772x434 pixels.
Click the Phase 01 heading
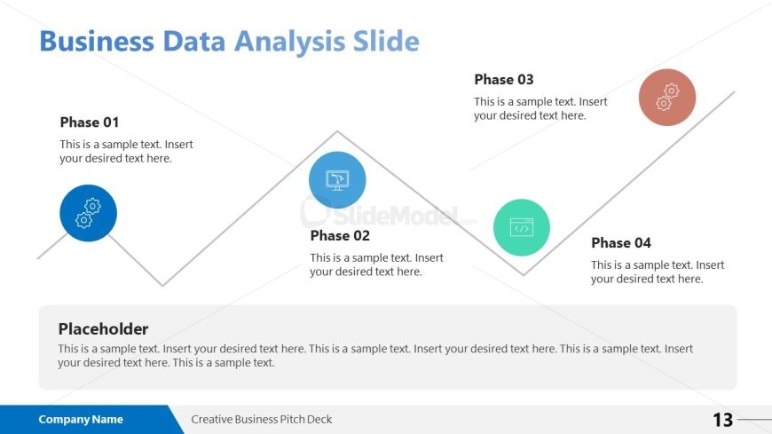tap(89, 122)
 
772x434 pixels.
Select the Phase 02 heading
tap(340, 235)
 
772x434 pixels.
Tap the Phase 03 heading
tap(504, 79)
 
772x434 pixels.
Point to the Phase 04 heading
tap(621, 243)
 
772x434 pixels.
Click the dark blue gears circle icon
tap(88, 213)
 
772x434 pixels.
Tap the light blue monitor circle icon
tap(337, 180)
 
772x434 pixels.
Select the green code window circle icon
tap(522, 227)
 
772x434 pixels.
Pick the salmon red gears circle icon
tap(667, 97)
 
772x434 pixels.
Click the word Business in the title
tap(97, 41)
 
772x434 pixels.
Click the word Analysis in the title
tap(289, 42)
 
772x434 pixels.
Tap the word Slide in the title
tap(387, 41)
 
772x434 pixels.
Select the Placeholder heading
tap(103, 329)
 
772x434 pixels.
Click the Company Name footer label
tap(81, 419)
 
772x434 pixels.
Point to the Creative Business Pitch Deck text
tap(262, 419)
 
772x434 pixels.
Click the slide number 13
tap(723, 420)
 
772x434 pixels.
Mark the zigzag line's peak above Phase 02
tap(337, 131)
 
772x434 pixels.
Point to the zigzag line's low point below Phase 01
tap(162, 285)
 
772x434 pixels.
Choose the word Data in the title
tap(194, 41)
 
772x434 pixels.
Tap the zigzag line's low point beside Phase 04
tap(524, 274)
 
